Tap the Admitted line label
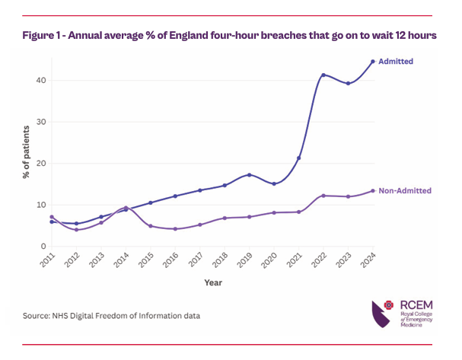397,62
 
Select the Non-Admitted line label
405,190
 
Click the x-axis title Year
213,282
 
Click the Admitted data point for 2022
323,75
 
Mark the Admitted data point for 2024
373,62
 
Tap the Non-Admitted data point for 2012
76,230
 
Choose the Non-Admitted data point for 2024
373,191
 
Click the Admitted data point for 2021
299,158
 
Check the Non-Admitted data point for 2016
175,229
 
